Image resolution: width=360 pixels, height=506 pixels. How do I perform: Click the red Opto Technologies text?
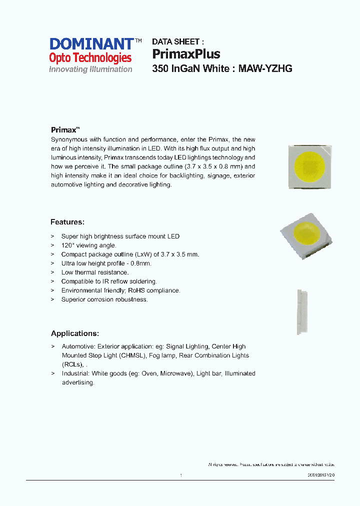tap(90, 58)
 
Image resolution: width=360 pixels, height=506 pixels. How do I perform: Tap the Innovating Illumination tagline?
tap(90, 69)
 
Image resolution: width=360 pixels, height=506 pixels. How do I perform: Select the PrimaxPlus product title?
tap(186, 54)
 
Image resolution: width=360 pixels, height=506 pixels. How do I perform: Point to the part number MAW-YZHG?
tap(265, 69)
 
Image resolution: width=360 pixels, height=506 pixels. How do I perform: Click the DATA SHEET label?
tap(177, 42)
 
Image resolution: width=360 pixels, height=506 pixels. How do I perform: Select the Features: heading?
tap(67, 222)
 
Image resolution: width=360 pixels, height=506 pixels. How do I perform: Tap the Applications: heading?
tap(74, 333)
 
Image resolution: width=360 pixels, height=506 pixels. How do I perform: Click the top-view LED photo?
tap(310, 166)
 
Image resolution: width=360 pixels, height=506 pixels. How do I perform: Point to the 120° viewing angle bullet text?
tap(88, 245)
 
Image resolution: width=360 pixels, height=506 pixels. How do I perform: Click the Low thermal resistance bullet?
tap(94, 272)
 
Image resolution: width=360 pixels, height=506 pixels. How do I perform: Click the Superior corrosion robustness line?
tap(104, 299)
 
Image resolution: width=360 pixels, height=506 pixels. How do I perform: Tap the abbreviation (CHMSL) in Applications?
tap(132, 355)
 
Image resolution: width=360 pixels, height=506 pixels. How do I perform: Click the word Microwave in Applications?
tap(177, 373)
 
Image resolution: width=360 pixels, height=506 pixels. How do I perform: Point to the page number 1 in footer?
tap(180, 475)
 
